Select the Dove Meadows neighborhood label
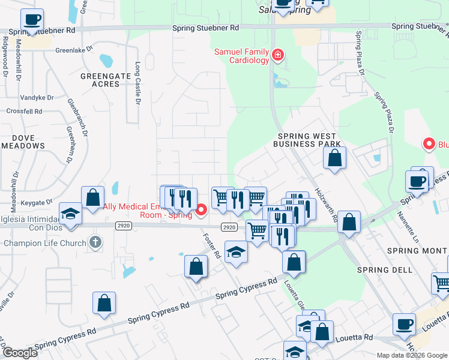pos(23,141)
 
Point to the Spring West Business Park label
pos(307,140)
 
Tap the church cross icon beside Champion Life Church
pos(94,243)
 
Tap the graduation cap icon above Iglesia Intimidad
pos(71,214)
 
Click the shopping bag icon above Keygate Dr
pos(92,197)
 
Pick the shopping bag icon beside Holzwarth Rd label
pos(335,158)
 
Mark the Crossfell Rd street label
pos(25,112)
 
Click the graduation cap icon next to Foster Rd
pos(237,252)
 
